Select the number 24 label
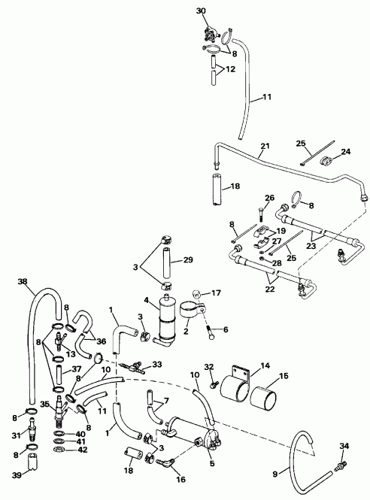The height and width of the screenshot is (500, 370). [x=345, y=152]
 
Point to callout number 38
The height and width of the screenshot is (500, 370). [x=22, y=283]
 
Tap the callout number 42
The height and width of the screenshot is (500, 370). [x=81, y=450]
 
